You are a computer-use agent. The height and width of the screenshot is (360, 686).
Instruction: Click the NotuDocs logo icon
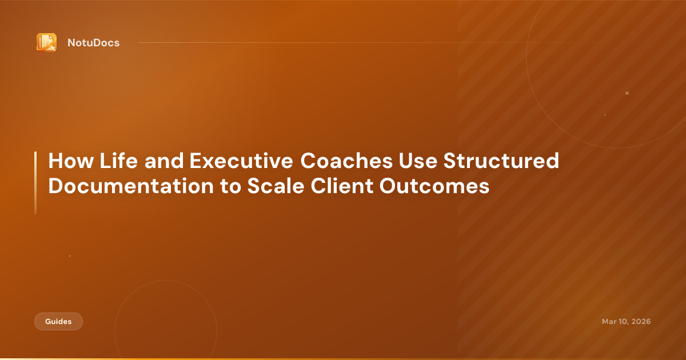46,42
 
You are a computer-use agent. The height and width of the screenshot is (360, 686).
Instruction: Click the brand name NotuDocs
93,42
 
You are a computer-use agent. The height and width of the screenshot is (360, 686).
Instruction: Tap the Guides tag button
58,322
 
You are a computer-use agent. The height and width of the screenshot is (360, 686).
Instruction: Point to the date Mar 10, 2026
626,322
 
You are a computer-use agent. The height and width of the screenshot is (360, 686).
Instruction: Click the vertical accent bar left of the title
35,183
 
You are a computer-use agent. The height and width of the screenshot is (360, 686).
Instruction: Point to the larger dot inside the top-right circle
627,93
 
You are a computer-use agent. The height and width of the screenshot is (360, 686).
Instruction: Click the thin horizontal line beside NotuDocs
343,42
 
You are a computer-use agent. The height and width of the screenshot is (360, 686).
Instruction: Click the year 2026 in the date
640,322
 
